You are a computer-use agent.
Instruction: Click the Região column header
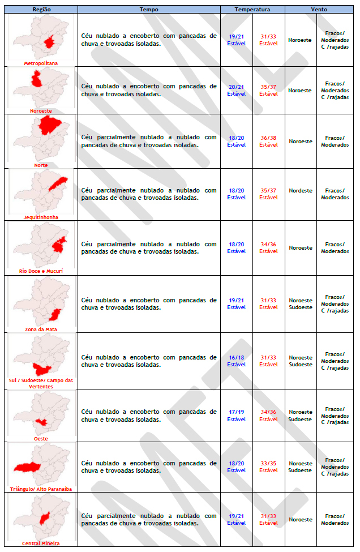coord(41,10)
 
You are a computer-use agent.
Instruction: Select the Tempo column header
coord(149,10)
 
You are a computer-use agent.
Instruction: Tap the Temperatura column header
coord(252,10)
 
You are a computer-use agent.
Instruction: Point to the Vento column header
coord(319,10)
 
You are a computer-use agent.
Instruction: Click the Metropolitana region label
coord(41,63)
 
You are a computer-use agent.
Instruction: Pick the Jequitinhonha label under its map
coord(41,217)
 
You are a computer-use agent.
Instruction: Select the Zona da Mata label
coord(41,329)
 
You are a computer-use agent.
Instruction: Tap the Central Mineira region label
coord(41,544)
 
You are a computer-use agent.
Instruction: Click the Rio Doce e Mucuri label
coord(41,271)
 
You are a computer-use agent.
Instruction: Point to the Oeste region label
coord(41,438)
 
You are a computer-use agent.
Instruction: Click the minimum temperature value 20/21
coord(237,87)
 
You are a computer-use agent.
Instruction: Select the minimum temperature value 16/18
coord(237,358)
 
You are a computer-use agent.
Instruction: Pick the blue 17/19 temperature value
coord(237,412)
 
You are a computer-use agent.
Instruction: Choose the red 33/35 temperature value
coord(269,464)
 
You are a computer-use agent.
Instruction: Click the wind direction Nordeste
coord(301,191)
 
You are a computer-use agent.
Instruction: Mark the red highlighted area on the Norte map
coord(50,125)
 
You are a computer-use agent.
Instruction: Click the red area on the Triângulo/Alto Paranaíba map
coord(27,468)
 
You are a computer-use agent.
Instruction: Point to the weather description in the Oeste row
coord(149,416)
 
